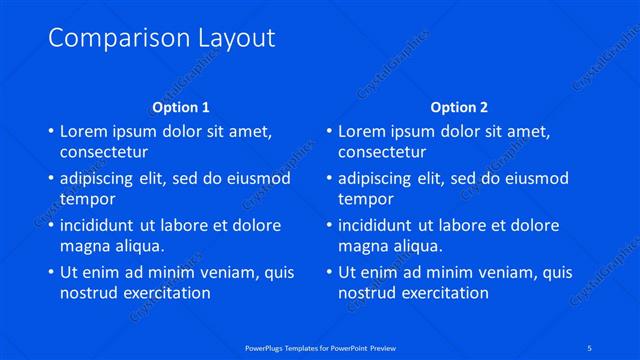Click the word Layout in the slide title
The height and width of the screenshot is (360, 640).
point(228,39)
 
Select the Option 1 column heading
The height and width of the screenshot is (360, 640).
point(181,106)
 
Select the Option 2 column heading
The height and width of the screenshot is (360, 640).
point(459,106)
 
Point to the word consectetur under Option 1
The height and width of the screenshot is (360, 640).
point(104,152)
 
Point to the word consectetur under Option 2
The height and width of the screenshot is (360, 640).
point(382,152)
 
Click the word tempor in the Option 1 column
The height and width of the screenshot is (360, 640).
point(88,199)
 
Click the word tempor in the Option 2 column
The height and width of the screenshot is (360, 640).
point(366,199)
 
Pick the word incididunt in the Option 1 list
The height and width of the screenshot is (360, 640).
point(99,225)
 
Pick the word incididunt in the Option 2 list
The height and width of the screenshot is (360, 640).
point(377,225)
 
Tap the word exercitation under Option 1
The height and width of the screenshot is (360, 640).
point(165,293)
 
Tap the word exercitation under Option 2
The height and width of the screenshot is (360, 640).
point(443,293)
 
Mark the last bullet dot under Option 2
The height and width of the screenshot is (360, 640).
point(328,272)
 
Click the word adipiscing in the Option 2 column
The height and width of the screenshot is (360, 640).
point(380,178)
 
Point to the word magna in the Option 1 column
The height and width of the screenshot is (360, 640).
point(85,246)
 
